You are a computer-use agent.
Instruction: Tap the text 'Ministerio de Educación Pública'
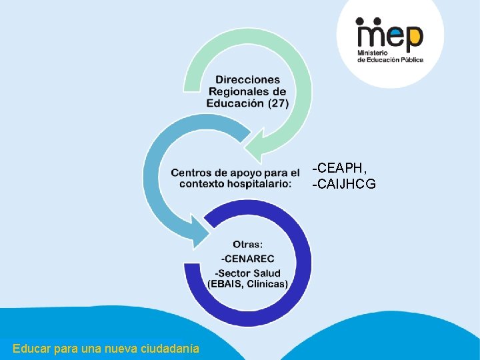point(390,55)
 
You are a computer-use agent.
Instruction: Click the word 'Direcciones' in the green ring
point(247,80)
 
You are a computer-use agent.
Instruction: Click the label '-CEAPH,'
point(339,166)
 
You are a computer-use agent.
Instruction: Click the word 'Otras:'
point(248,245)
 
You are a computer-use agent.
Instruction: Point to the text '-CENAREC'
point(247,259)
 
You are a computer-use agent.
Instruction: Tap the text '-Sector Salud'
point(247,273)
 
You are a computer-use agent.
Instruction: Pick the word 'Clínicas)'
point(267,284)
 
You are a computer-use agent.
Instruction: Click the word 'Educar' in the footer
point(29,348)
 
